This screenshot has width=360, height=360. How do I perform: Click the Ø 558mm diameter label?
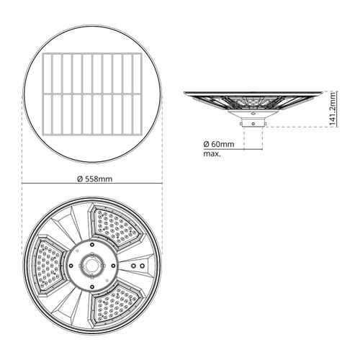[x=94, y=179]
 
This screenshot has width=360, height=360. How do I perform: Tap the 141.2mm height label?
[x=333, y=109]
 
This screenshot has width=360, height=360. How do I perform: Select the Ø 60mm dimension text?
[x=219, y=144]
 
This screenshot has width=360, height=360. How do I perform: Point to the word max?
[x=212, y=154]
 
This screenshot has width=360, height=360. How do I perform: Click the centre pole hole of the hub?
[x=92, y=266]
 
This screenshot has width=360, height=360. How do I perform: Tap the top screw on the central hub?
[x=92, y=245]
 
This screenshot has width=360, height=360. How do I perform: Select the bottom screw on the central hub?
[x=92, y=287]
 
